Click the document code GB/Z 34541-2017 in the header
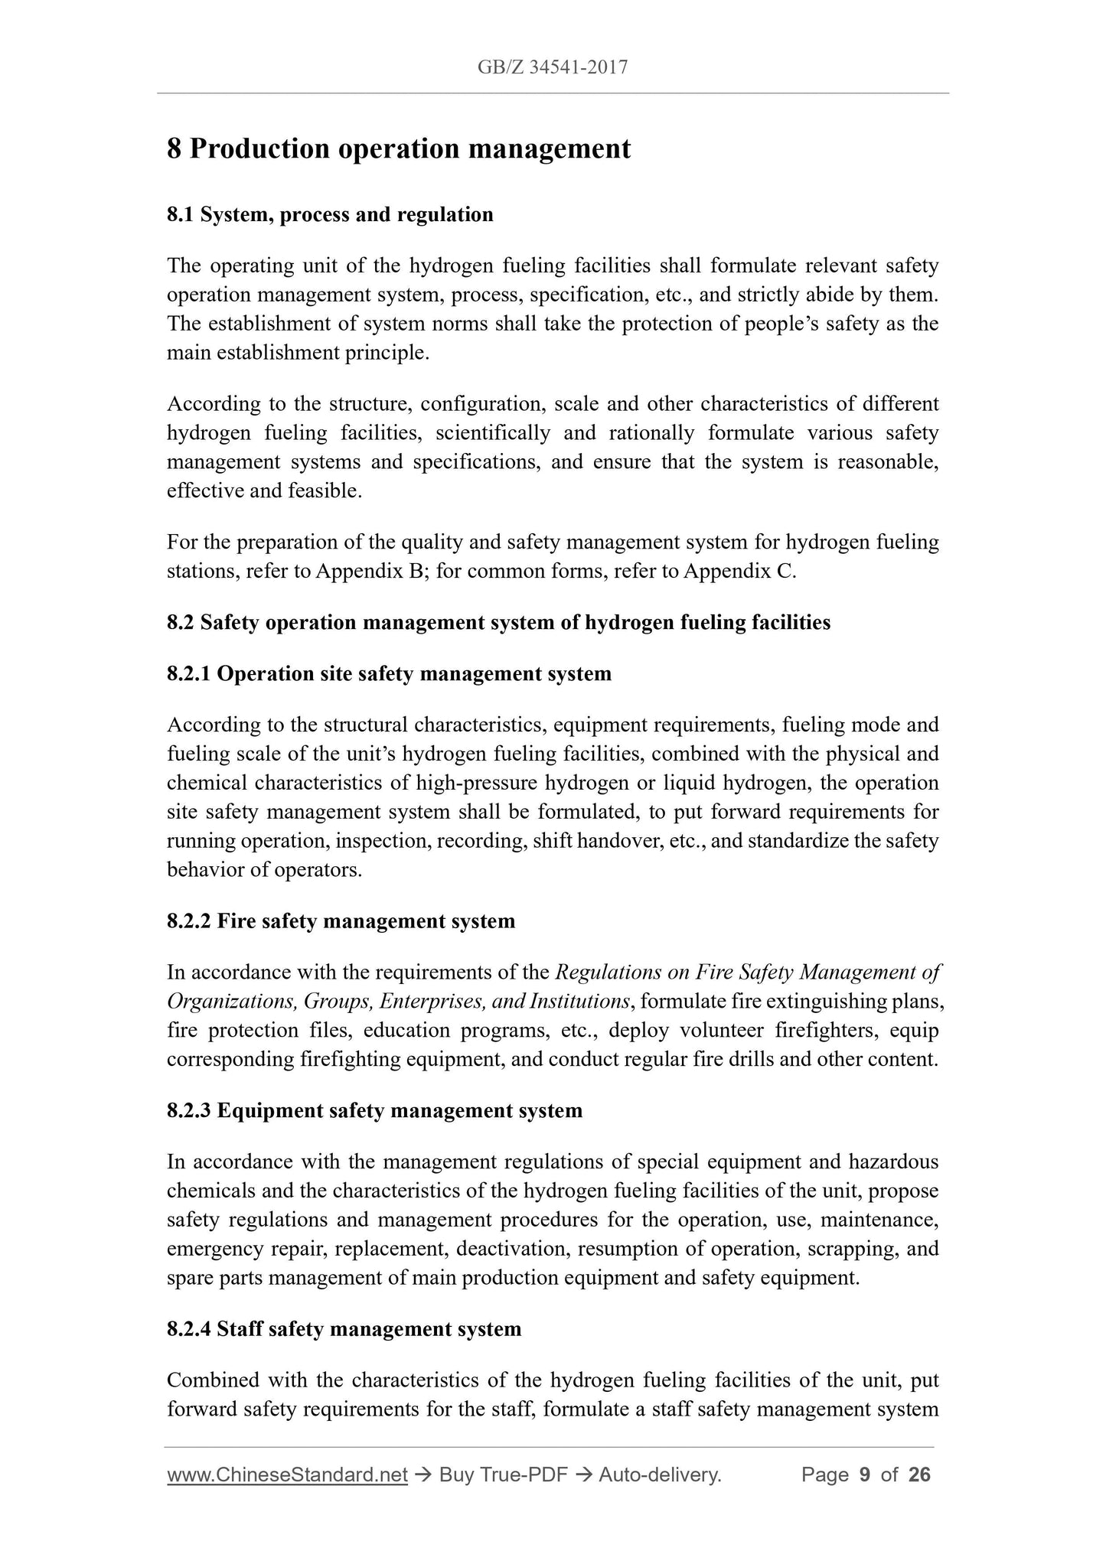552,67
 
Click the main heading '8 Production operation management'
398,148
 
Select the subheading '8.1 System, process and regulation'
330,214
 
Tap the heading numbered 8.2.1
389,673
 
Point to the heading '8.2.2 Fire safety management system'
341,920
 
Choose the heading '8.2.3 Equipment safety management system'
374,1110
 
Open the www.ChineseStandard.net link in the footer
286,1474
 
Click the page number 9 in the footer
865,1474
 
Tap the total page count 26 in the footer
919,1474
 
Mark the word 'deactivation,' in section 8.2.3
512,1249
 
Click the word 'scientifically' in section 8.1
493,433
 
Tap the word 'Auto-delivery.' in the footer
660,1474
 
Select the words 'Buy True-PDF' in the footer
503,1474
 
